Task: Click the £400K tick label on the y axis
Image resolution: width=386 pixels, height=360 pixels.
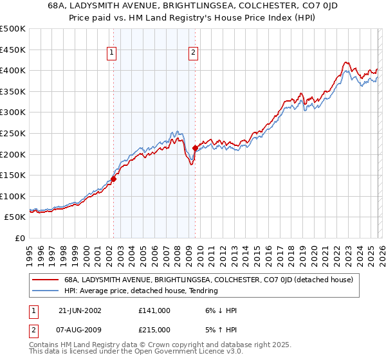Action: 13,70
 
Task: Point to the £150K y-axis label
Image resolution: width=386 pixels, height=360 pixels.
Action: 13,175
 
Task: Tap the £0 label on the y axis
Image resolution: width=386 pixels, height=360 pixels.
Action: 19,238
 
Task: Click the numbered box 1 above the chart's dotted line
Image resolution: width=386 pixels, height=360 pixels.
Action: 112,53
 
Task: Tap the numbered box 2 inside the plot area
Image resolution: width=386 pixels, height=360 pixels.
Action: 193,53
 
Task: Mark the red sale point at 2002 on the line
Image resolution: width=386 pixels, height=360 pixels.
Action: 114,179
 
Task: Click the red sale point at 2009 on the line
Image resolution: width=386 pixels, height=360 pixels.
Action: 195,148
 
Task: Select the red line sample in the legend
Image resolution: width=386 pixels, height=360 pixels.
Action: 46,280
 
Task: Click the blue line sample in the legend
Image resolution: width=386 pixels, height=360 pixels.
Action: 46,291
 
